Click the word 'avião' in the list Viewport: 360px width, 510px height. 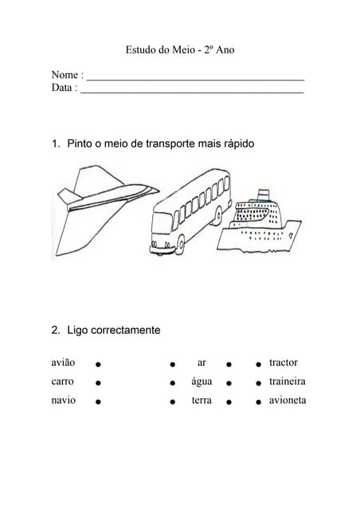click(x=64, y=363)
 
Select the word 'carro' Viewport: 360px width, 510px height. click(x=63, y=381)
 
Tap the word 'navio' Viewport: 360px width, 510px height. click(x=64, y=400)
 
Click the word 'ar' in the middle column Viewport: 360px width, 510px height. click(x=202, y=363)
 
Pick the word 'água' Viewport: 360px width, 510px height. click(x=202, y=382)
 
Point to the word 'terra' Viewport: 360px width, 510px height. click(x=202, y=400)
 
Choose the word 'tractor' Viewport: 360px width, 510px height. click(x=284, y=363)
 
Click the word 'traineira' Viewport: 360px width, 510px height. click(x=288, y=381)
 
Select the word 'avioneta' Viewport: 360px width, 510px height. click(x=288, y=400)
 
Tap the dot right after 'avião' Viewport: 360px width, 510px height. click(x=98, y=363)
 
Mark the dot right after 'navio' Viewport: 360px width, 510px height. click(x=98, y=402)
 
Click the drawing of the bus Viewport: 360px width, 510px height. click(x=189, y=210)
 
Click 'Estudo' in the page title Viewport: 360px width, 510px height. click(x=142, y=50)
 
